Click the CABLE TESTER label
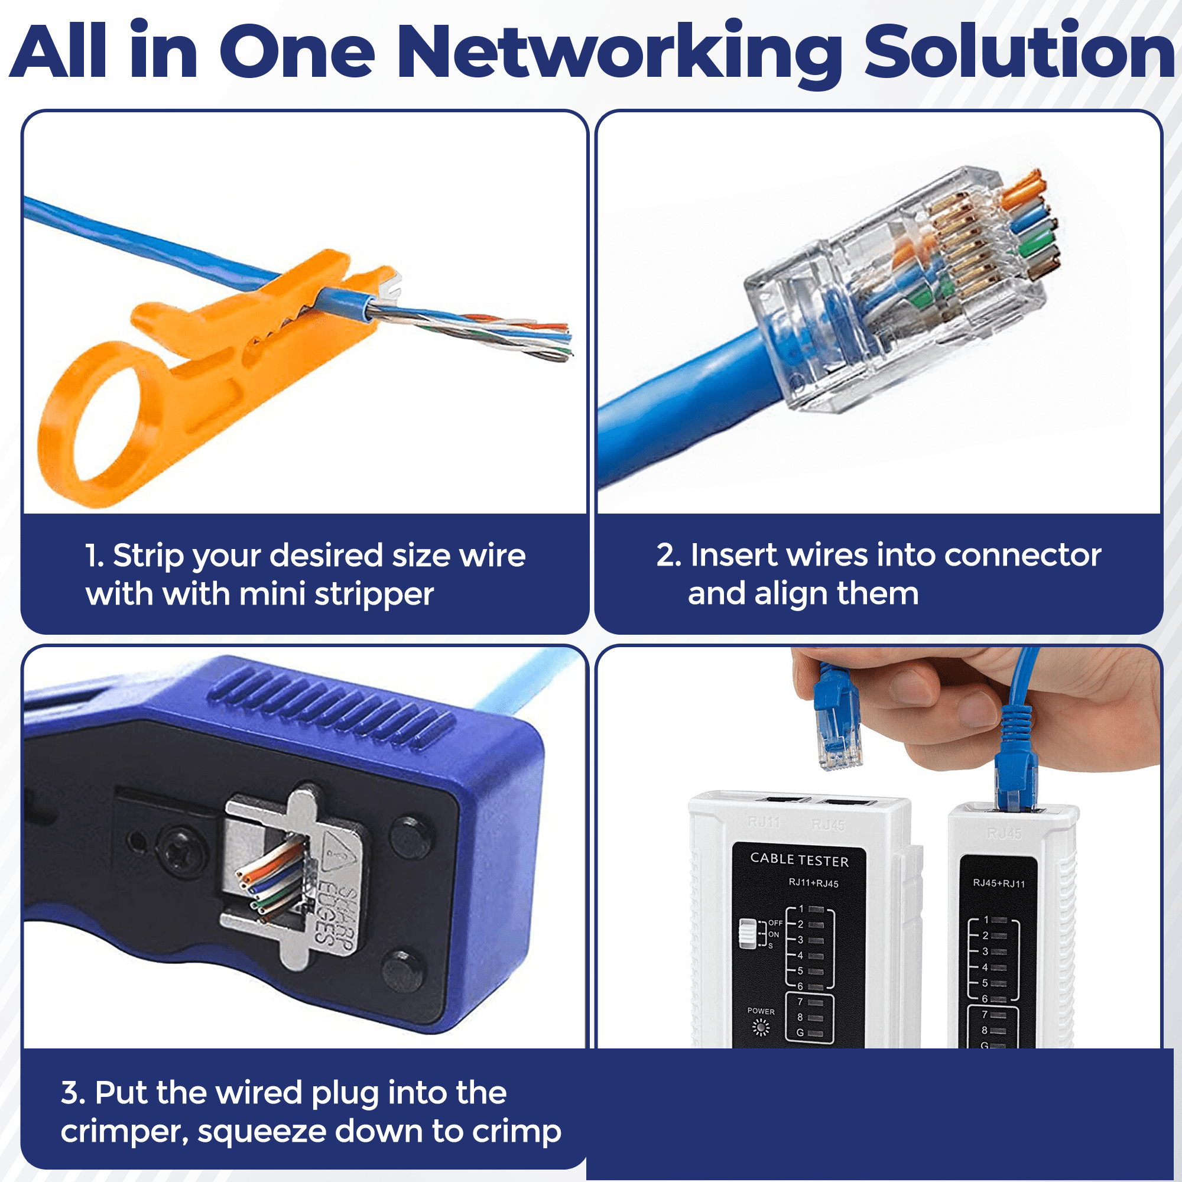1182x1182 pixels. coord(799,859)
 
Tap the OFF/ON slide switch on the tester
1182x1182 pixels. coord(748,933)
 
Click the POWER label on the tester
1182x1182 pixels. coord(761,1011)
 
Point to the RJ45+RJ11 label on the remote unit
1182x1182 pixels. coord(998,884)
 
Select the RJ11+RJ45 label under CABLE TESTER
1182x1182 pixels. coord(813,883)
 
